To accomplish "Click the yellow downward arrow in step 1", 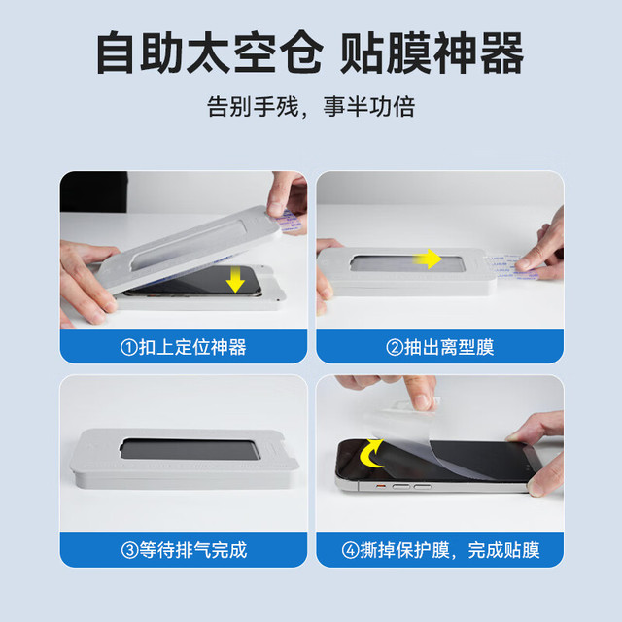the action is click(235, 280).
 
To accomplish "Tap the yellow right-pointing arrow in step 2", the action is click(428, 259).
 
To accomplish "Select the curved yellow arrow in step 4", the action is click(369, 454).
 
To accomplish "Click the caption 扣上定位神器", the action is click(192, 347).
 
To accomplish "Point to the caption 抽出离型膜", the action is click(449, 347).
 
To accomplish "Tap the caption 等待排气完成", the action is click(192, 550).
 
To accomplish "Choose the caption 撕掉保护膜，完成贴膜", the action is click(449, 550).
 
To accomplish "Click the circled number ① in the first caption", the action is click(129, 348).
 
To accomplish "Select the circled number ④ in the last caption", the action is click(350, 551).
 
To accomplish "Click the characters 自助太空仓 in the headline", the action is click(210, 52).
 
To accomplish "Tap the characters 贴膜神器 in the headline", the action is click(432, 52).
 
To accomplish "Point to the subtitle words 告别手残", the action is click(253, 106).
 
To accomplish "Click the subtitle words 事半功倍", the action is click(369, 106).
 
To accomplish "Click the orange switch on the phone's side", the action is click(380, 486).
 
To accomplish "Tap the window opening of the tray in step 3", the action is click(190, 449).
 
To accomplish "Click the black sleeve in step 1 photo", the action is click(93, 191).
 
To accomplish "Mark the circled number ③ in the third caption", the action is click(129, 551).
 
